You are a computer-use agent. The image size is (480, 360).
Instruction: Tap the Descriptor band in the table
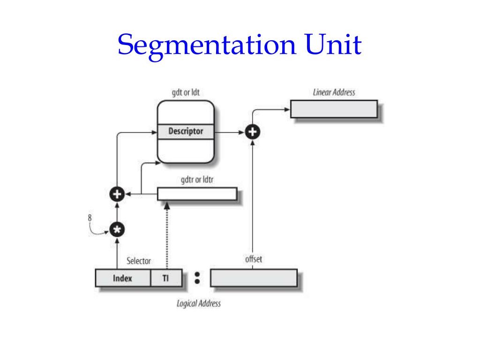(186, 131)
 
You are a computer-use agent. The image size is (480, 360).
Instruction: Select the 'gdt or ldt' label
(186, 92)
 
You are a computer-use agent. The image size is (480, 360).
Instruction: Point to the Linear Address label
(334, 92)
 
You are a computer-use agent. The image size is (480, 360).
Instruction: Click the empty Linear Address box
(334, 109)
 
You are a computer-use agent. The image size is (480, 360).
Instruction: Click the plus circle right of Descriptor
(253, 132)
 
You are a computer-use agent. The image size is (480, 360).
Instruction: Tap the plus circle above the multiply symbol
(116, 193)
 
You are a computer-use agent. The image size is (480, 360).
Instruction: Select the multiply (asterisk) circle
(116, 230)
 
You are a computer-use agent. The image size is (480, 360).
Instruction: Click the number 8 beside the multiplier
(90, 217)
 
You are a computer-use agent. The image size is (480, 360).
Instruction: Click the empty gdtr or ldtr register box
(196, 194)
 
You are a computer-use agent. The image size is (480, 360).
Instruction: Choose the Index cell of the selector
(123, 278)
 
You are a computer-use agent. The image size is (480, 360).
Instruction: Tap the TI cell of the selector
(165, 278)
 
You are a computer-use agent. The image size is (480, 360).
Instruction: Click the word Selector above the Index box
(139, 261)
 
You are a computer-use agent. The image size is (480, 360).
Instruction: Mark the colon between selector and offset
(197, 277)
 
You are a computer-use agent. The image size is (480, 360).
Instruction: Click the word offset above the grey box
(253, 260)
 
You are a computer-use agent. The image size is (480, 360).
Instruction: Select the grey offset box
(254, 277)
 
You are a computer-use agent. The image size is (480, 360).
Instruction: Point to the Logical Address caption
(198, 303)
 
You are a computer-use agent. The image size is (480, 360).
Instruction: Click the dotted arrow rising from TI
(166, 234)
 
